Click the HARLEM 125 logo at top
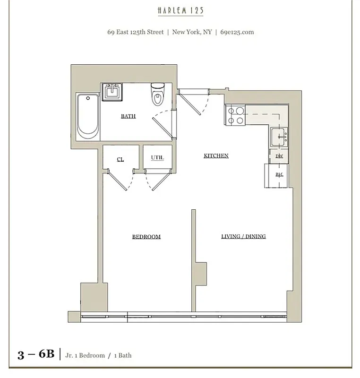click(x=181, y=10)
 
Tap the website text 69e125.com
click(x=237, y=32)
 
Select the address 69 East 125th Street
click(x=136, y=32)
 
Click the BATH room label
click(x=128, y=116)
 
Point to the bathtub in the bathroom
click(x=88, y=116)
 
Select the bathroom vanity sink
click(x=113, y=90)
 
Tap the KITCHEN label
click(x=216, y=155)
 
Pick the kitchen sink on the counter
click(x=279, y=137)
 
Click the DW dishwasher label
click(x=279, y=156)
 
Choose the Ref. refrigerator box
click(x=279, y=175)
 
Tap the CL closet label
click(x=120, y=160)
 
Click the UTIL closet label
click(x=157, y=158)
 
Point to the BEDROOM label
click(x=146, y=237)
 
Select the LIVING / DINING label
click(x=243, y=236)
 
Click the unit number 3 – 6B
click(x=36, y=355)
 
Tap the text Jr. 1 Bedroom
click(x=85, y=355)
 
